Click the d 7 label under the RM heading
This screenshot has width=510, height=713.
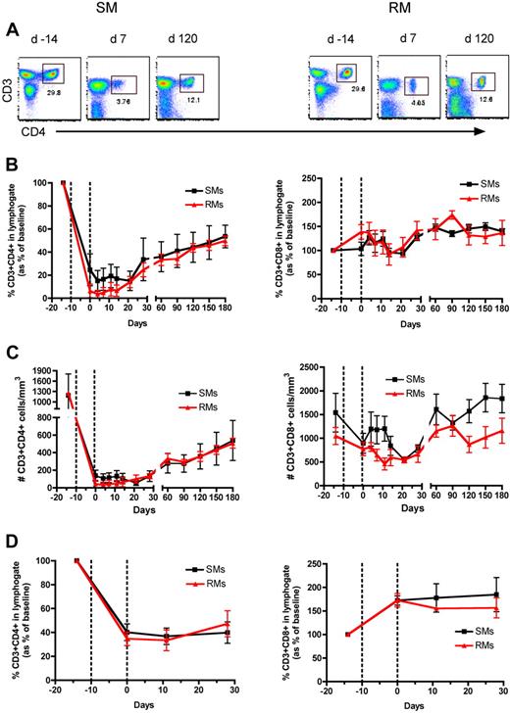point(402,39)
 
